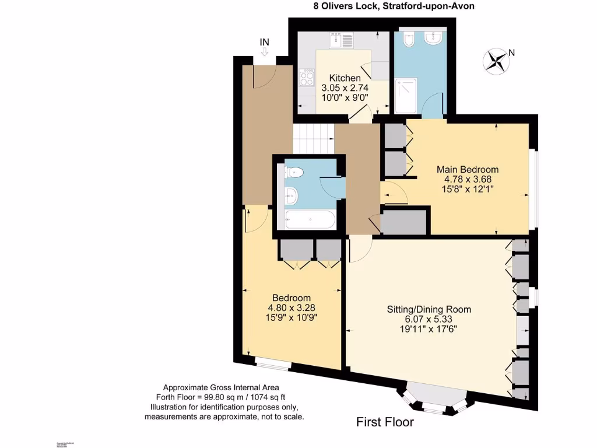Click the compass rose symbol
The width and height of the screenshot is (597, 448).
[x=497, y=61]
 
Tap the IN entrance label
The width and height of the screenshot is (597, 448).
[x=264, y=42]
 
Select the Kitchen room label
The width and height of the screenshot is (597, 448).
[x=345, y=78]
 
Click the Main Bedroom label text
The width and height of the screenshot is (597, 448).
[x=468, y=169]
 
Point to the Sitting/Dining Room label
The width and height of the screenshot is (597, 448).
[x=429, y=309]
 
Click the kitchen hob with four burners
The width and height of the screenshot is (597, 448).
[x=307, y=78]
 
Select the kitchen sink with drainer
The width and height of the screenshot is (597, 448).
[x=341, y=41]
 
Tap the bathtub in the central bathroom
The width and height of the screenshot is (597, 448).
[x=310, y=220]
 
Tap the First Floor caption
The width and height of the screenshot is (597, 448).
[x=385, y=422]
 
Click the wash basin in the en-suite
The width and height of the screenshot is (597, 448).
[x=433, y=38]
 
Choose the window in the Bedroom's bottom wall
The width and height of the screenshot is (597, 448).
[x=273, y=365]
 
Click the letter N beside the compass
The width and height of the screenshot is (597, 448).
[x=512, y=52]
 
